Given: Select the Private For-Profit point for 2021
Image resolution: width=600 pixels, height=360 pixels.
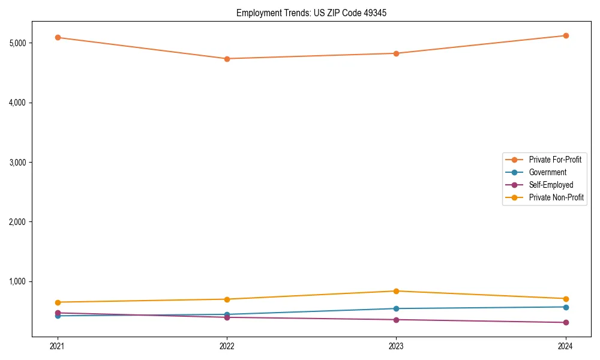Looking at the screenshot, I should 58,37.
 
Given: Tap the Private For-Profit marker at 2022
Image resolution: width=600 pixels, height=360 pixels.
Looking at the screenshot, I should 227,59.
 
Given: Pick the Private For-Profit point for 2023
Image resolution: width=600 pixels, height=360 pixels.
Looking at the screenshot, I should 396,53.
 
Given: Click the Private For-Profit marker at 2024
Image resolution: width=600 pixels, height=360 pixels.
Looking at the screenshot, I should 565,35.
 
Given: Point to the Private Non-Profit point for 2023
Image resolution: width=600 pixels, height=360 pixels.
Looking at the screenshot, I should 396,291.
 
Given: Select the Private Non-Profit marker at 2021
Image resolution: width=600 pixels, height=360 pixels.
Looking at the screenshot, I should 58,302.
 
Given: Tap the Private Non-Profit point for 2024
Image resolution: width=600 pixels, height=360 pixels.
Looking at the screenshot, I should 565,299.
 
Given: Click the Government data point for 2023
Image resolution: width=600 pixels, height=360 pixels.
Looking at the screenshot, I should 396,308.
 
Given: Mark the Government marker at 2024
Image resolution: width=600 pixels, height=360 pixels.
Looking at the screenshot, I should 565,307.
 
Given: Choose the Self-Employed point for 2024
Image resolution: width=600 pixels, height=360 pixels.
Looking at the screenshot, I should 565,323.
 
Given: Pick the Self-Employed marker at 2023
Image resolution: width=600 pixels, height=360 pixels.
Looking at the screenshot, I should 396,320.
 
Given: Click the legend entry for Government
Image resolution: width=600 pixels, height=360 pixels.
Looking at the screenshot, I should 547,172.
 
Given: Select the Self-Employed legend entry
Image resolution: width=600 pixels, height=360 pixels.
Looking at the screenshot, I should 551,185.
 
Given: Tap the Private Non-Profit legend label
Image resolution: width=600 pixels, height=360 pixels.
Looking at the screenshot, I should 556,197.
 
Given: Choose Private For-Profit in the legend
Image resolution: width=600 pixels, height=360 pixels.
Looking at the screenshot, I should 555,160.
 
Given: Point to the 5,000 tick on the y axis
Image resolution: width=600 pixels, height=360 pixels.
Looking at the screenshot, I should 17,43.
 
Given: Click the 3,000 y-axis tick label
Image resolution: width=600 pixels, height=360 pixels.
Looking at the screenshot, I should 17,162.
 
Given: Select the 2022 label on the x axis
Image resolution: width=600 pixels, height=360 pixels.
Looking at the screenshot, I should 227,346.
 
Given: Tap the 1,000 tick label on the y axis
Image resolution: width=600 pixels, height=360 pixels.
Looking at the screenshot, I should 17,281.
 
